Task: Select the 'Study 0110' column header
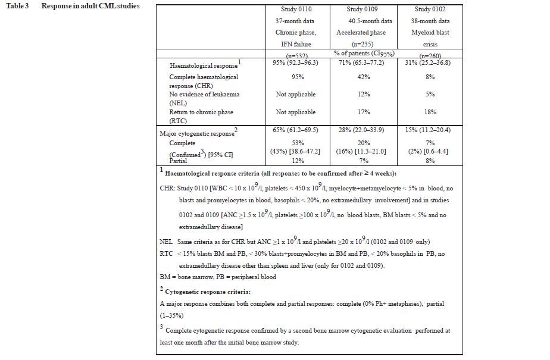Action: tap(296, 10)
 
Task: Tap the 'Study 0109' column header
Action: tap(361, 10)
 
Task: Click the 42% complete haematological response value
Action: tap(361, 77)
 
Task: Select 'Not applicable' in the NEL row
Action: tap(296, 95)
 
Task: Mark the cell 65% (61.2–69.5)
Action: tap(296, 129)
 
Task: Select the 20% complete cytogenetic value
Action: tap(361, 143)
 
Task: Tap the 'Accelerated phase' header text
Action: tap(361, 33)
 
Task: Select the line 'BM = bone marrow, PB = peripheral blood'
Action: tap(218, 277)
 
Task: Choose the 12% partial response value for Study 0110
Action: tap(296, 161)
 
